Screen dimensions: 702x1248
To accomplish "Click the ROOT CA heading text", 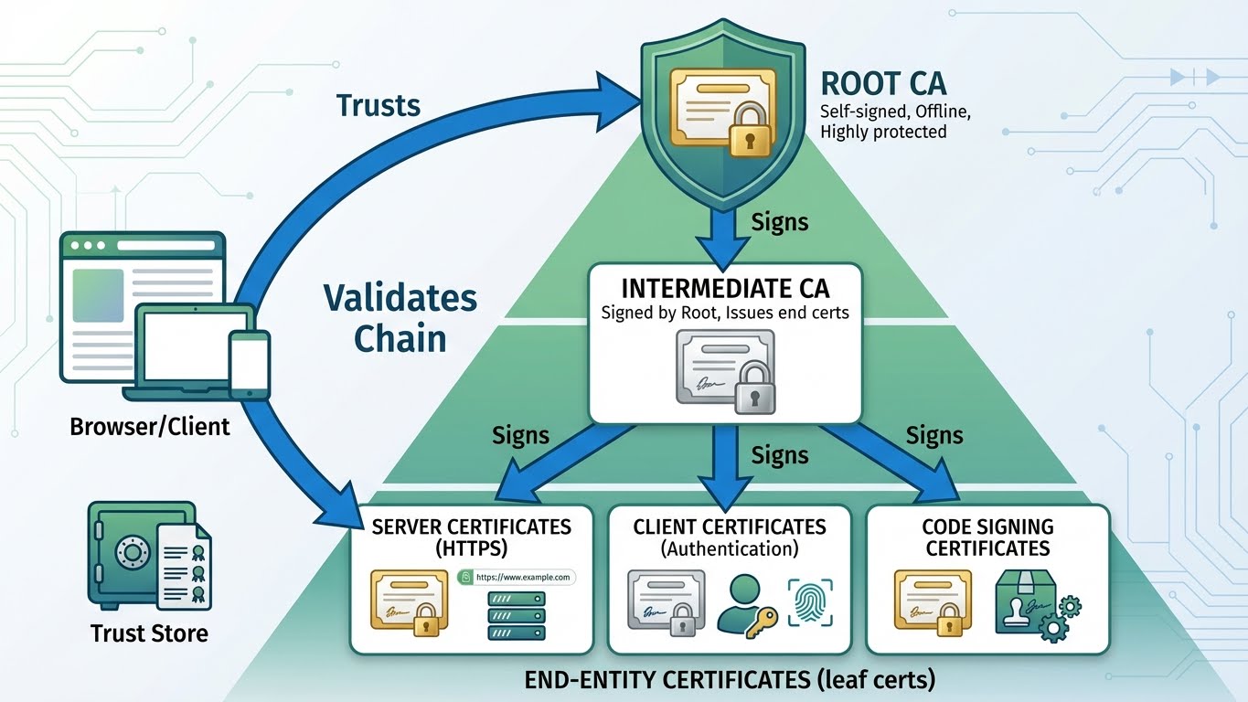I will [x=883, y=83].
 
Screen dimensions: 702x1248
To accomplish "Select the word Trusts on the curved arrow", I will [x=379, y=105].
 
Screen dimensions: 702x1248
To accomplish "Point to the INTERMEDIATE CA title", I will [x=725, y=289].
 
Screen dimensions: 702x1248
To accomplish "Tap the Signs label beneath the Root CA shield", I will [x=779, y=221].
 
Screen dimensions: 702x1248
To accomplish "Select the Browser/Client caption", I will [x=150, y=426].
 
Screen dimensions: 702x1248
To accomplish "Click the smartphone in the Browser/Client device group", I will [x=249, y=363].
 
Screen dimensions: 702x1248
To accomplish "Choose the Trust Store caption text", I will [x=149, y=633].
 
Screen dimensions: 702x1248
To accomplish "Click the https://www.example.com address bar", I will [x=515, y=577].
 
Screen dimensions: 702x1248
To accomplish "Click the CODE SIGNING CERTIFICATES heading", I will [x=987, y=537].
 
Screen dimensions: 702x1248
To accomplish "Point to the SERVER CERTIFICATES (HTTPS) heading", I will [x=471, y=537].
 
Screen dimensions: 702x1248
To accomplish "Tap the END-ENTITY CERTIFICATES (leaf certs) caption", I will [x=730, y=681].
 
